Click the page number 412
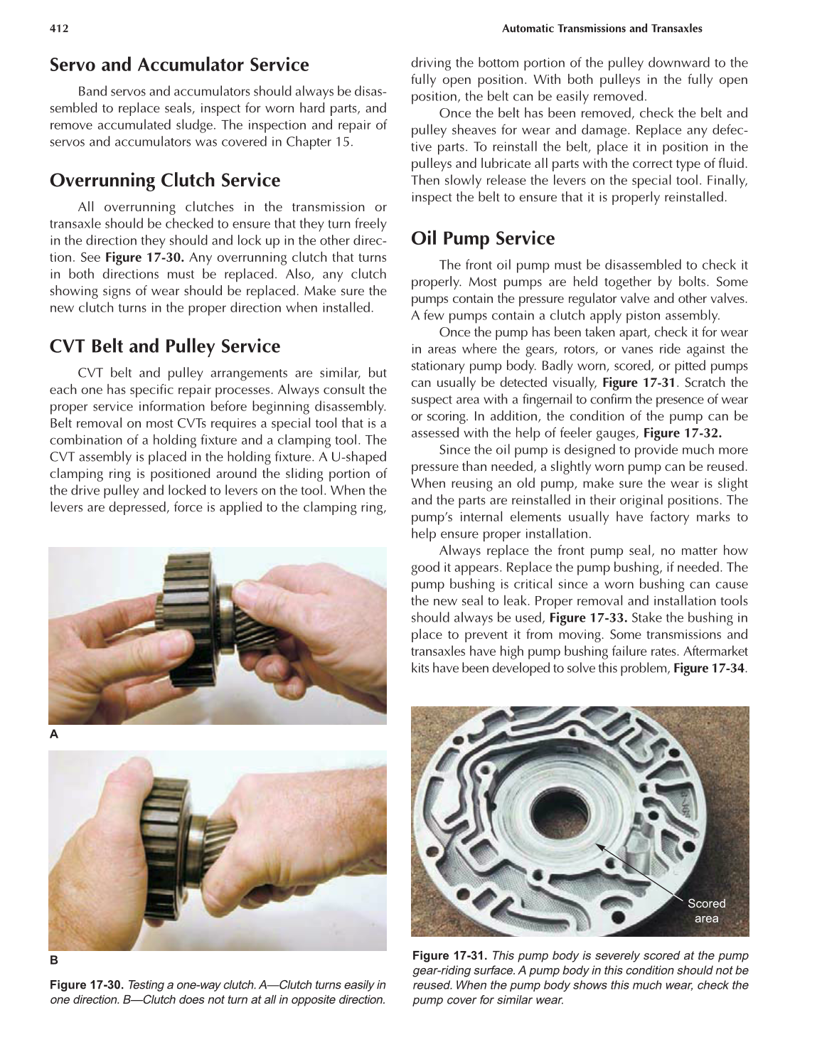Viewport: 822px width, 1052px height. (x=58, y=28)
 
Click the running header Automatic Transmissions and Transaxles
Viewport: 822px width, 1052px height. (x=602, y=28)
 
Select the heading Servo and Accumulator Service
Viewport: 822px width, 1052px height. (x=179, y=65)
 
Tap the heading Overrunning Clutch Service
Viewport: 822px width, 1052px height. (x=165, y=180)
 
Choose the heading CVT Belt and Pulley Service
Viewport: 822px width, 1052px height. (x=165, y=346)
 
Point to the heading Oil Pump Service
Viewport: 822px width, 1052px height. (x=483, y=238)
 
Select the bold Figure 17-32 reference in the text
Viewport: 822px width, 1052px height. (x=682, y=433)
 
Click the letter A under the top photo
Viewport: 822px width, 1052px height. (x=53, y=735)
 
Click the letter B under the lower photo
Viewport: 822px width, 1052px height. (x=53, y=960)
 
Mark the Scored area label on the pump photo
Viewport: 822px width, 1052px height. (x=706, y=910)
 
